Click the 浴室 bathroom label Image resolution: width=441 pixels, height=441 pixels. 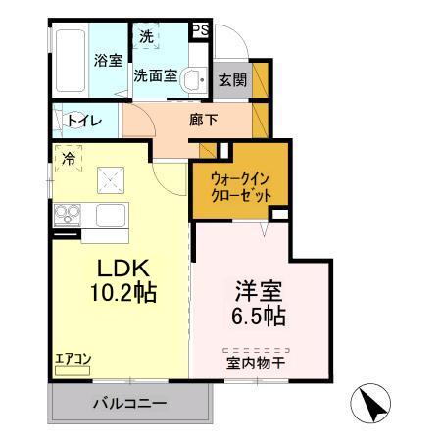(108, 61)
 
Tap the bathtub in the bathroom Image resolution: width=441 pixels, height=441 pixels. (69, 62)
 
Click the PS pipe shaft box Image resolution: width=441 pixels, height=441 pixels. (199, 29)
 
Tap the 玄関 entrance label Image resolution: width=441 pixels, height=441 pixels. (232, 79)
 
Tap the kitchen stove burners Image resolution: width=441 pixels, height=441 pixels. (68, 213)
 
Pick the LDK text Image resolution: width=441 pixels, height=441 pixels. (122, 266)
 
